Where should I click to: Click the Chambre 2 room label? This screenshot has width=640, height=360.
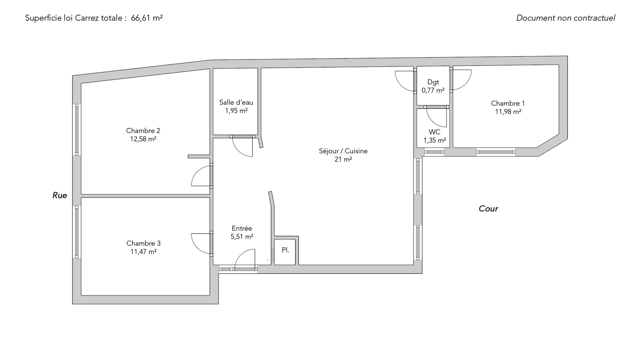point(143,131)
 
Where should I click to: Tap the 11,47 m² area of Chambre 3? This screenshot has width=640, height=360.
point(143,252)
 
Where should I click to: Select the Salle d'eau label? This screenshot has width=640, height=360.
point(236,102)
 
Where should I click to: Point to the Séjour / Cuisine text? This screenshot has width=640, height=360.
point(343,151)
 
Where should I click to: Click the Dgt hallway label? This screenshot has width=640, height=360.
point(433,82)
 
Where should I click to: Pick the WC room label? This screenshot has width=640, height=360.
point(435,132)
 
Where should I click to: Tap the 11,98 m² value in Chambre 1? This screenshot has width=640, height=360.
point(508,112)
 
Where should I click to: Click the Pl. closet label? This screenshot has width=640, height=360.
point(285,250)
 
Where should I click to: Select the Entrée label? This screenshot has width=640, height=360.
point(242,228)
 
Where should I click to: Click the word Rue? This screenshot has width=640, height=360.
point(60,195)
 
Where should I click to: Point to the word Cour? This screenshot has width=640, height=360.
point(488,209)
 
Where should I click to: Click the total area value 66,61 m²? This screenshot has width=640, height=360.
point(147,18)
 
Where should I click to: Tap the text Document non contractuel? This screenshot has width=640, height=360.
point(566,18)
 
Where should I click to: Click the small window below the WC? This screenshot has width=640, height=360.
point(434,152)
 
